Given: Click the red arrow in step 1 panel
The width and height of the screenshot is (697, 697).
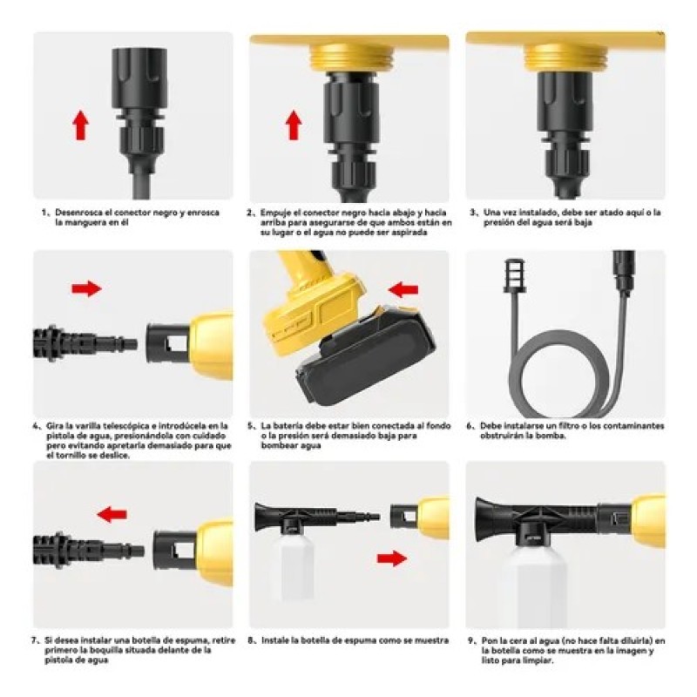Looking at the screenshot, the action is pos(80,125).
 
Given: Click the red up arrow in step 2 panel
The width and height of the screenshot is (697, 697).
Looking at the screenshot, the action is pos(294,125).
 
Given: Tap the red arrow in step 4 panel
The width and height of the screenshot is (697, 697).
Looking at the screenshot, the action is pos(86,289).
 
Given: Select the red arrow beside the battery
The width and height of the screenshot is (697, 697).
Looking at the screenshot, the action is pos(403,290).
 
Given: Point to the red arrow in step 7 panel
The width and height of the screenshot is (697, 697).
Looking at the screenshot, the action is pos(112,515).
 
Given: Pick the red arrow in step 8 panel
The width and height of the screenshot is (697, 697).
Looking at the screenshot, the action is pos(392,558).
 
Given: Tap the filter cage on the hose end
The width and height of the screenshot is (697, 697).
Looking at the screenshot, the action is pos(514,275).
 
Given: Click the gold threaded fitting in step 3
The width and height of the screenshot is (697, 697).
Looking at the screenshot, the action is pos(565,58).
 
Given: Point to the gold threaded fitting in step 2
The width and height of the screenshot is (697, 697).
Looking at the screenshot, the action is pos(351,58).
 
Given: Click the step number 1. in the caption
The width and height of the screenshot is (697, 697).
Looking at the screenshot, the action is pos(45,213).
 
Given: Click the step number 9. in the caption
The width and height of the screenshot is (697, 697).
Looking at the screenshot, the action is pos(472,641).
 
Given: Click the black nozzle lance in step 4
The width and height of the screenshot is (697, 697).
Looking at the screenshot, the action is pos(85,343).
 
